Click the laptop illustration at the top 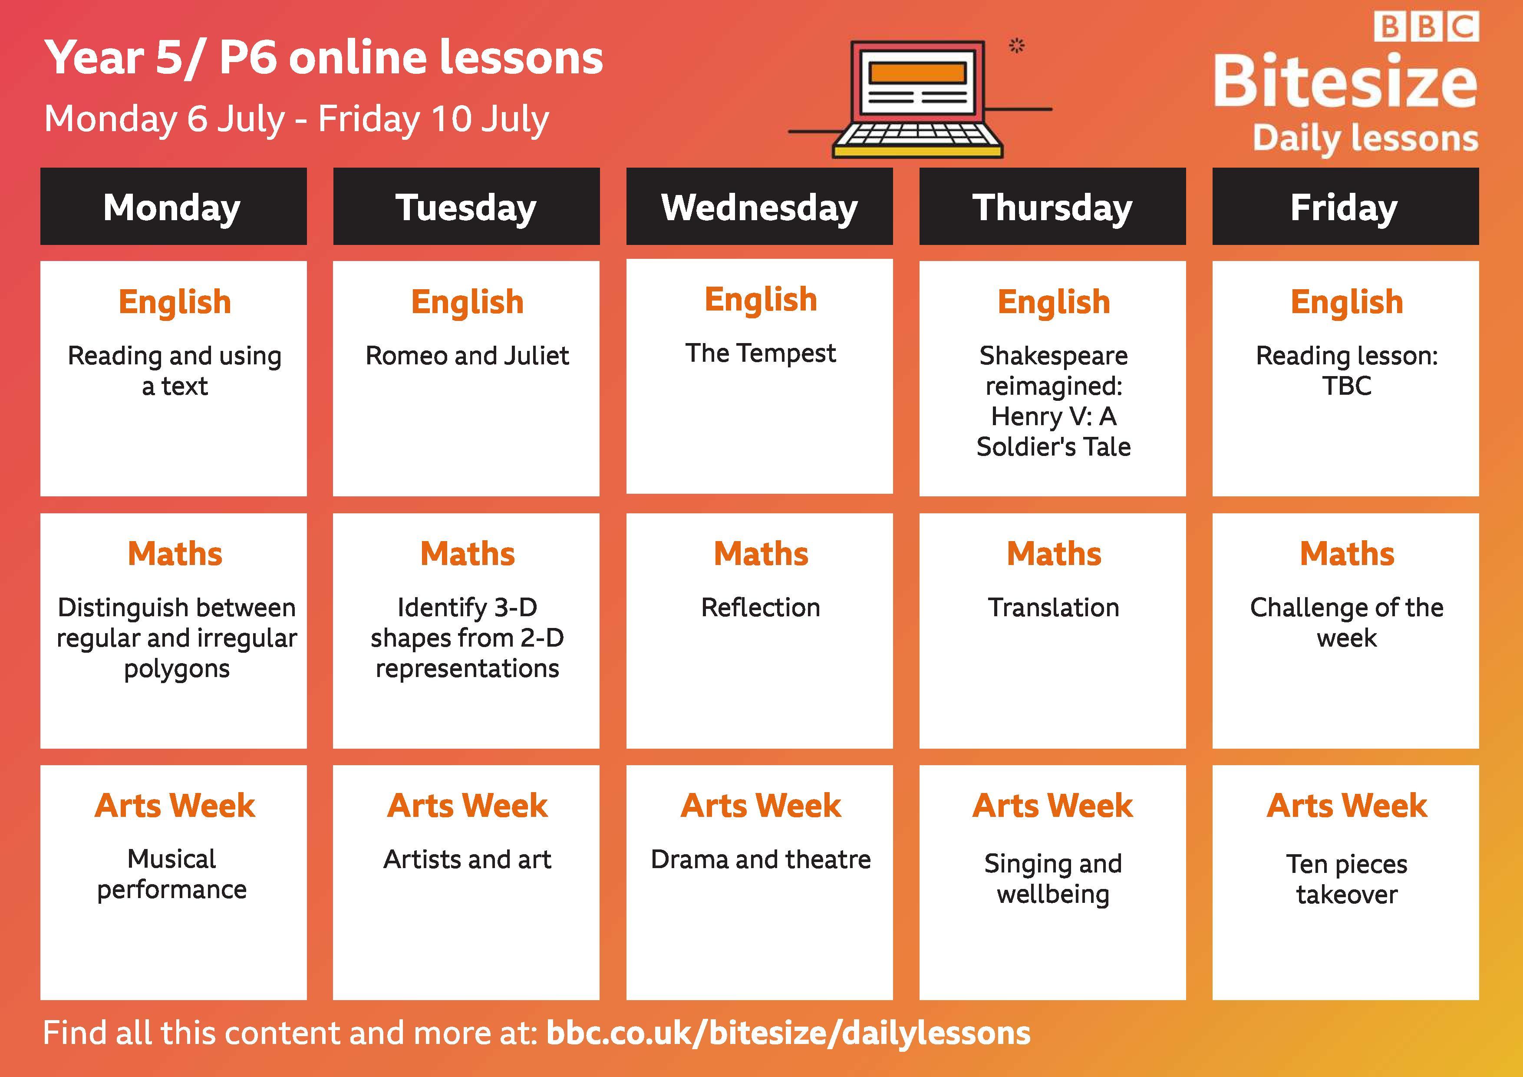[x=918, y=99]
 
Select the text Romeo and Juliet [x=467, y=356]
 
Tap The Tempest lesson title [x=760, y=353]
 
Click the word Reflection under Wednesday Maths [x=760, y=607]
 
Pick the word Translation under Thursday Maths [x=1053, y=607]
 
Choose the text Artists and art [x=467, y=859]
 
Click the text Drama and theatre [x=760, y=859]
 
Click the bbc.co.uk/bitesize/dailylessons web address [x=788, y=1033]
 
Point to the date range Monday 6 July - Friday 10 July [x=297, y=119]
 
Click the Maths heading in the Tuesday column [x=467, y=553]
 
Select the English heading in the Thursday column [x=1053, y=302]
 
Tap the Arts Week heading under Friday [x=1347, y=806]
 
